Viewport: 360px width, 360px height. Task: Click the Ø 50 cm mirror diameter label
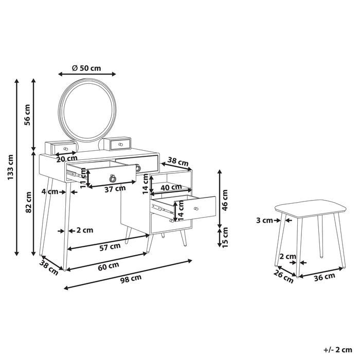(x=86, y=68)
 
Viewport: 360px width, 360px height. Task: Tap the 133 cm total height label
(x=11, y=167)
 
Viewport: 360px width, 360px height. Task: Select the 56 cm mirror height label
(x=27, y=115)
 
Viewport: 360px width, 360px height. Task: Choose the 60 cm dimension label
(x=109, y=266)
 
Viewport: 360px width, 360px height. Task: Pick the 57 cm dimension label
(x=110, y=247)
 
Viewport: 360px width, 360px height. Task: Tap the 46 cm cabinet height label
(x=225, y=200)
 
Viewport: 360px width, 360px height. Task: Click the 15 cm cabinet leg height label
(x=225, y=237)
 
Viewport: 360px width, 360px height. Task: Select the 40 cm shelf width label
(x=171, y=187)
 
